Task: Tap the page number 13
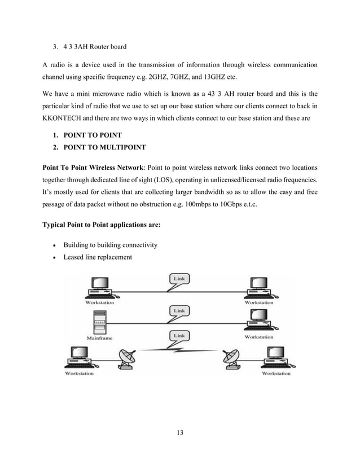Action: (x=180, y=433)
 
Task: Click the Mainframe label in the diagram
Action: (x=99, y=338)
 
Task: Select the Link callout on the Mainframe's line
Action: (x=179, y=310)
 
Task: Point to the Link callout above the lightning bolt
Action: (x=179, y=336)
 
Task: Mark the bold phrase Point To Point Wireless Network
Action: (x=94, y=168)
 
